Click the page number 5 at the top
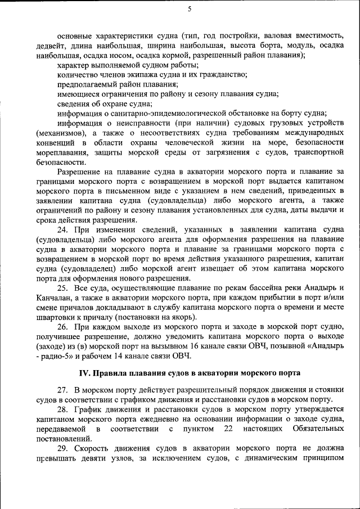point(190,8)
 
